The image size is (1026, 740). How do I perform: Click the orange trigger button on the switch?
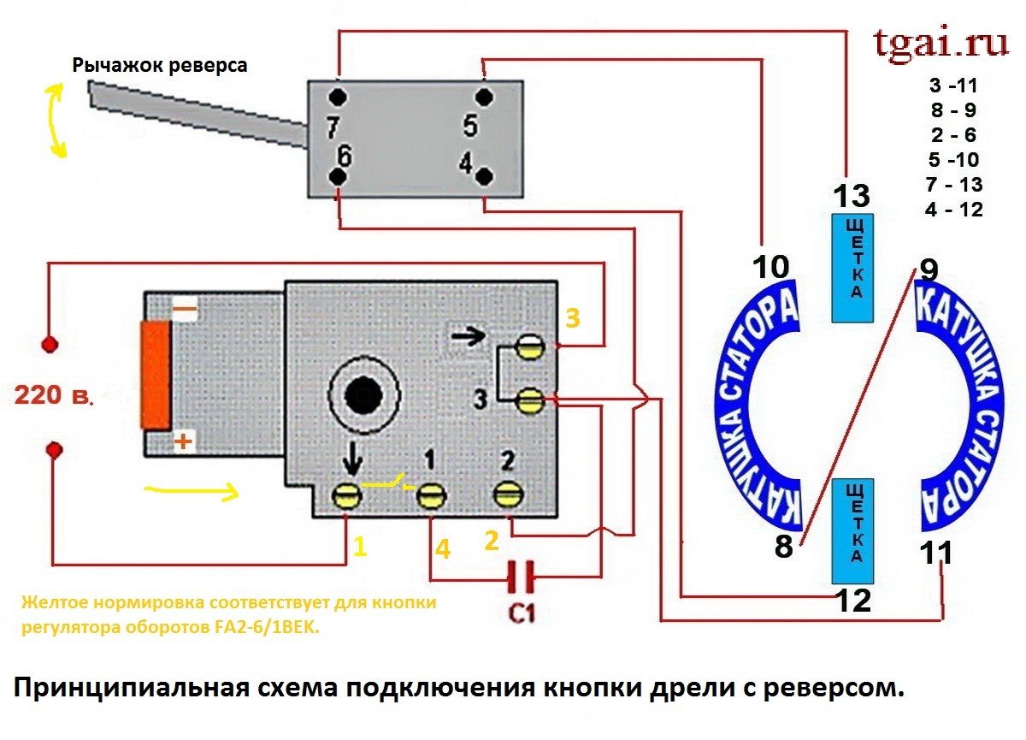click(x=155, y=376)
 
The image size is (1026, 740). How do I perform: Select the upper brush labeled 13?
click(x=853, y=266)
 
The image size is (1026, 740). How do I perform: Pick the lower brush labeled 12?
click(x=853, y=531)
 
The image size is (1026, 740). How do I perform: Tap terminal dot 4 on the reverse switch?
click(x=484, y=176)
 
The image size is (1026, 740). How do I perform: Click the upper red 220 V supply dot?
click(x=50, y=344)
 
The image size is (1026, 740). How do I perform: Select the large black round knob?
click(x=363, y=394)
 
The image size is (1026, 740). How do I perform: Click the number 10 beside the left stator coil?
click(x=770, y=267)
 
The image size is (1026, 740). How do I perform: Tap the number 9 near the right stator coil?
click(x=929, y=270)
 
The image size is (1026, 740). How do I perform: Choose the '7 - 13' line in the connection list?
click(x=954, y=184)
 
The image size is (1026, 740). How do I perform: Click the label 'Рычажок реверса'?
click(x=160, y=65)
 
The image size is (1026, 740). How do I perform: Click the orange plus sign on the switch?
click(x=182, y=441)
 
